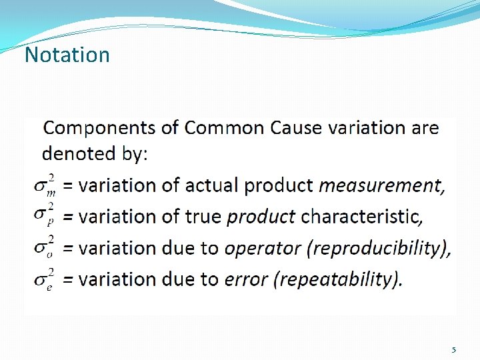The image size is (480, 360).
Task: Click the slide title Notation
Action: (x=67, y=55)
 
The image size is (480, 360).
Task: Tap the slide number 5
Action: (x=454, y=350)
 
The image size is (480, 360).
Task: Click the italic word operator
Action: (x=261, y=248)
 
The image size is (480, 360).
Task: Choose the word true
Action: (x=205, y=217)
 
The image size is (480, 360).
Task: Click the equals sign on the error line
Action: (x=68, y=279)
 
